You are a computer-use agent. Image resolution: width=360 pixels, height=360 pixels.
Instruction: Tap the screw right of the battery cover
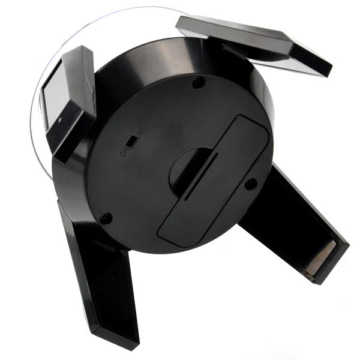coord(250,183)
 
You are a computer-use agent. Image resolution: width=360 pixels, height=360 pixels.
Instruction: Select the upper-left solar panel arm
coord(70,102)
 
